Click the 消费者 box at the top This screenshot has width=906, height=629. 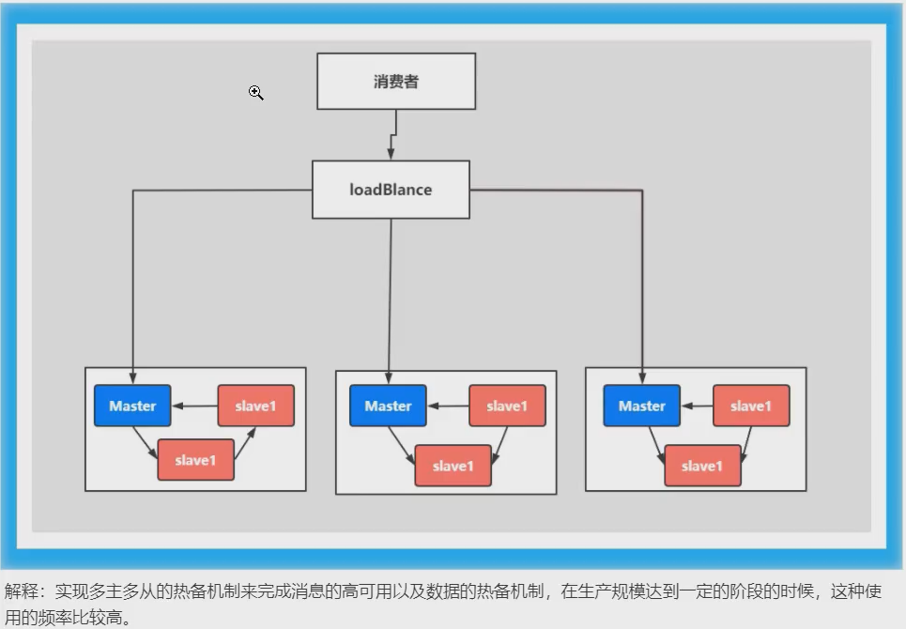click(x=395, y=81)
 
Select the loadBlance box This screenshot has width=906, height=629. click(x=391, y=190)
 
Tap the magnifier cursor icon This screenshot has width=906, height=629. click(x=255, y=92)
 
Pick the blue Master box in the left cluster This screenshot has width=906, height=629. click(x=132, y=406)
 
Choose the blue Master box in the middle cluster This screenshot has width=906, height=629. click(x=388, y=406)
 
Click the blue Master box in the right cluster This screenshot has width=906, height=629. click(x=642, y=406)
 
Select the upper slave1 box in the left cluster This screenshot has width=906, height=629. click(x=255, y=406)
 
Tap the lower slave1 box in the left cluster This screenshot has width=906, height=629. click(x=195, y=460)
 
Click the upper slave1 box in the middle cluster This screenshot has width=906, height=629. click(x=507, y=406)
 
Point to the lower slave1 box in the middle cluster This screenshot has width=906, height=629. click(x=453, y=466)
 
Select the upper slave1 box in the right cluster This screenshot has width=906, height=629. click(x=751, y=406)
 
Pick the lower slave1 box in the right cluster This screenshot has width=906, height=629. click(x=702, y=466)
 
